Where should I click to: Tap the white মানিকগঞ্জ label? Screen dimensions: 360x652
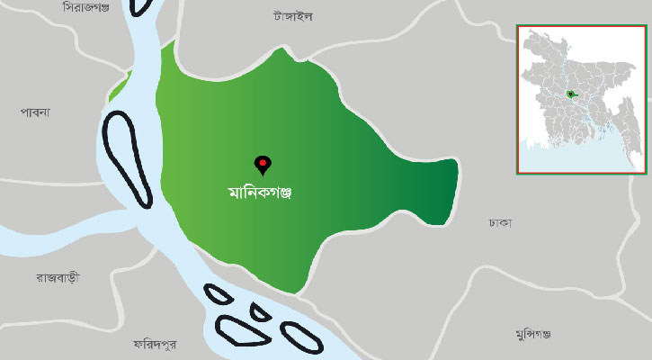point(263,193)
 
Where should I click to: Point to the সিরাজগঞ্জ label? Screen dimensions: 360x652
point(86,7)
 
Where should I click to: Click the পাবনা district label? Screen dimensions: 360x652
point(35,112)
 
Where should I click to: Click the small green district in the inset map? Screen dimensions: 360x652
point(571,94)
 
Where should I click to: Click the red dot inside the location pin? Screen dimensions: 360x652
point(263,162)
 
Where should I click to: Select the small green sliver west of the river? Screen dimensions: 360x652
point(119,88)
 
